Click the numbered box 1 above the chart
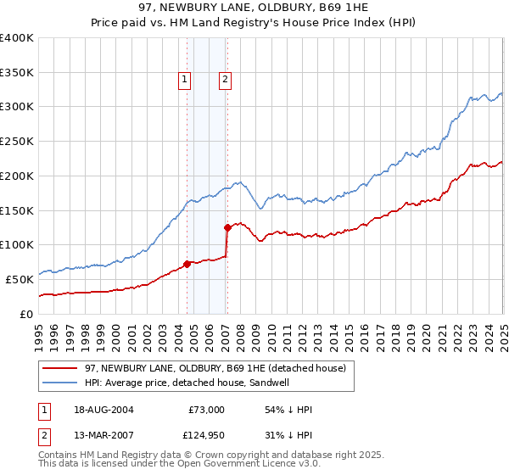tap(185, 81)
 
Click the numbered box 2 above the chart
tap(226, 81)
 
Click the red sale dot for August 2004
tap(187, 263)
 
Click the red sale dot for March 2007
tap(227, 227)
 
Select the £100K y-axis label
tap(17, 245)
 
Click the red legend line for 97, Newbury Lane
tap(59, 369)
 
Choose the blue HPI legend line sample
tap(59, 383)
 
